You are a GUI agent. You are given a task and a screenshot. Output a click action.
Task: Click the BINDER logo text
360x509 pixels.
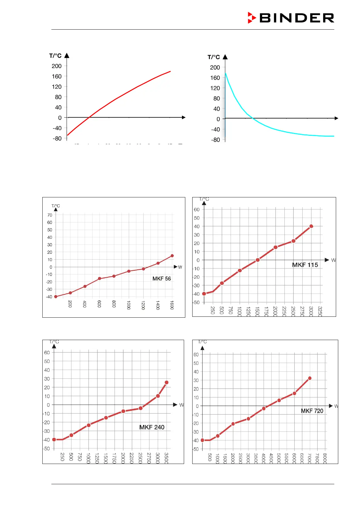point(297,18)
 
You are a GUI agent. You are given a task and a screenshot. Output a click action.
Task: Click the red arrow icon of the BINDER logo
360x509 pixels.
point(251,18)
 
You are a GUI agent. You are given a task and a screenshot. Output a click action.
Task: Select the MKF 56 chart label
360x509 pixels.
point(161,279)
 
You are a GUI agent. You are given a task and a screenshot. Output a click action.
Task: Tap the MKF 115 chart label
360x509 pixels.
point(305,265)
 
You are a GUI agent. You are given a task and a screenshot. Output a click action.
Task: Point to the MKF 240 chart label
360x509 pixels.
point(152,427)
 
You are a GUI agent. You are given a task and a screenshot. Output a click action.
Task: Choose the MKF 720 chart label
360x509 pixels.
point(312,411)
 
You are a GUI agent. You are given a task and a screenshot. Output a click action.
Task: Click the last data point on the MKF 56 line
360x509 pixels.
point(172,256)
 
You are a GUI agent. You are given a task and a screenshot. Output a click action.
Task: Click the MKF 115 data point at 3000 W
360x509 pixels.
point(311,226)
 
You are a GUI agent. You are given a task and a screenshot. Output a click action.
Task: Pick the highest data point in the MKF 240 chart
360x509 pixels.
point(167,382)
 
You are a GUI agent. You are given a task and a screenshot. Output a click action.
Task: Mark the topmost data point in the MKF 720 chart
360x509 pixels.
point(310,378)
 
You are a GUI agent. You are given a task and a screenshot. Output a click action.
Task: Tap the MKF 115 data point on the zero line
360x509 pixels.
point(258,260)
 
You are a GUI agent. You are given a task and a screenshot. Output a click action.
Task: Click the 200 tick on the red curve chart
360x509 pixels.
point(57,66)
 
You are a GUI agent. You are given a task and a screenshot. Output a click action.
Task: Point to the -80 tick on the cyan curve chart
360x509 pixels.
point(215,140)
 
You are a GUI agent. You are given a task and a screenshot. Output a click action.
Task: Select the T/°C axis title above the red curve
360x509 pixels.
point(55,56)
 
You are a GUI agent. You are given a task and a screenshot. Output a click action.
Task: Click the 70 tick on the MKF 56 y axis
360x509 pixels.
point(50,215)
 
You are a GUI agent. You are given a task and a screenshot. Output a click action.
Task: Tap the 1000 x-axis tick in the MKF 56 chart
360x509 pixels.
point(128,305)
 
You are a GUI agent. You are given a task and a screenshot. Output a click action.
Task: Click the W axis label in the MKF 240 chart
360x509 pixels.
point(181,405)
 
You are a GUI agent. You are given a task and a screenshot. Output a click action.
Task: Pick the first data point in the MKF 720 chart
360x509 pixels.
point(203,440)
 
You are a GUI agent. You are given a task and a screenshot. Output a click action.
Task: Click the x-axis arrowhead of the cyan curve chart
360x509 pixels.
point(336,118)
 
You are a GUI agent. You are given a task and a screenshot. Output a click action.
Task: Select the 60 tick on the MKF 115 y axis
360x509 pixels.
point(196,209)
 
